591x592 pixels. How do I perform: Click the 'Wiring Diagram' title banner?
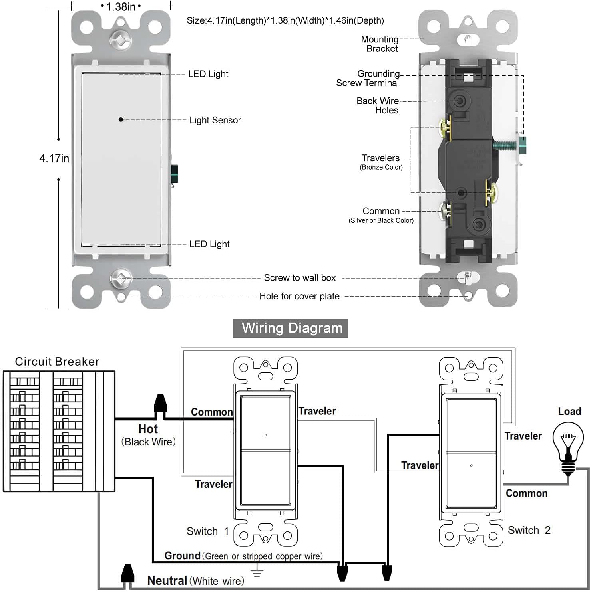291,328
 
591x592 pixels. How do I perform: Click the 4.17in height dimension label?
54,159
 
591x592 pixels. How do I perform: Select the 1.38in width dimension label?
121,7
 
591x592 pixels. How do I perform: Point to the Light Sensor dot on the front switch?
121,119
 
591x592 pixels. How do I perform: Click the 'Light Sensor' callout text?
215,120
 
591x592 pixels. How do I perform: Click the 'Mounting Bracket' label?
380,44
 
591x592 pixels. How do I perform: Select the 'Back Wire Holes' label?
378,106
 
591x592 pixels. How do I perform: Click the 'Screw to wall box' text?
300,278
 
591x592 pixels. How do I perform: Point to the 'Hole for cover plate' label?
299,296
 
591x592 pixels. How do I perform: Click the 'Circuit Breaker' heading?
57,362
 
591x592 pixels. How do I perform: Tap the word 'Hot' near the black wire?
148,429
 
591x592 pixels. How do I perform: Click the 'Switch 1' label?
207,531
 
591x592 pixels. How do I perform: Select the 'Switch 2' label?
529,530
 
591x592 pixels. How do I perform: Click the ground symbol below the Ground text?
257,571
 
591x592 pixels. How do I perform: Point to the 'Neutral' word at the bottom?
167,580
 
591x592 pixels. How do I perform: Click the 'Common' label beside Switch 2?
526,493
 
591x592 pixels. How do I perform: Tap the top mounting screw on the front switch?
120,40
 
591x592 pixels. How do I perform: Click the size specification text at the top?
285,21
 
